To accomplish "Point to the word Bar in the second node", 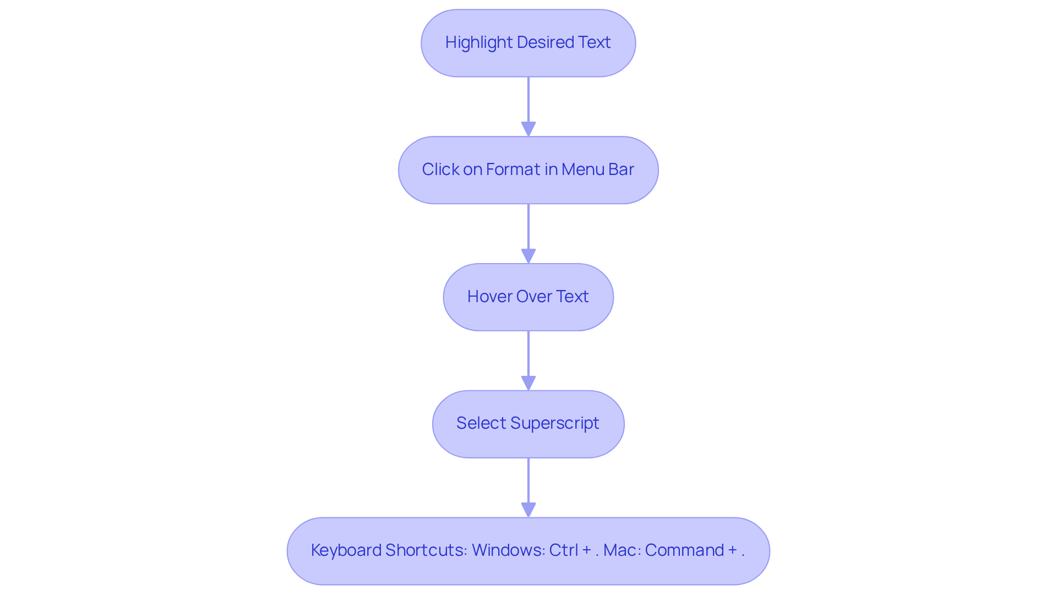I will click(621, 169).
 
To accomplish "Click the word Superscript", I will click(554, 424).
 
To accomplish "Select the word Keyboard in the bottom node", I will click(346, 550).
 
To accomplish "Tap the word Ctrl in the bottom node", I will click(563, 550).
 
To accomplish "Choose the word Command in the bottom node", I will click(684, 550).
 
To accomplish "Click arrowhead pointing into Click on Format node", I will click(528, 129).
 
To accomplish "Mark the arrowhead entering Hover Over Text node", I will click(528, 256).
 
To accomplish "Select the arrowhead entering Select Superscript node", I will click(528, 384).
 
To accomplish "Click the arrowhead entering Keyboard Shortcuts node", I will click(528, 510).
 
